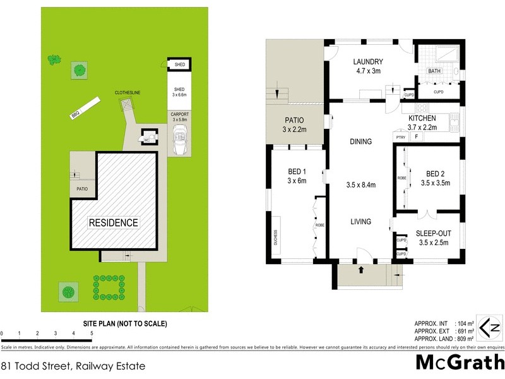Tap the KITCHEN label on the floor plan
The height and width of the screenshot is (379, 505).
click(422, 118)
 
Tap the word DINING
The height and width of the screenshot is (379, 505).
click(361, 141)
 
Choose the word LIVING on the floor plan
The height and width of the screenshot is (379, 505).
click(361, 222)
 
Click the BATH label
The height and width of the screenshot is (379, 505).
click(434, 71)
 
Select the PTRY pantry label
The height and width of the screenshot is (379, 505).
click(400, 136)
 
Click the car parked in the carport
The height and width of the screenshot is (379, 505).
click(180, 139)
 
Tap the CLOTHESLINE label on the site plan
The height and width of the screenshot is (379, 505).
click(128, 92)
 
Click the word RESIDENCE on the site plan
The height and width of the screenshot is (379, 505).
click(113, 222)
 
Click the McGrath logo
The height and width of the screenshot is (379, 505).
click(459, 363)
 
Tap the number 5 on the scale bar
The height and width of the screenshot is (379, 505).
click(92, 333)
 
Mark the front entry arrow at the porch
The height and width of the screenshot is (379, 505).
click(361, 270)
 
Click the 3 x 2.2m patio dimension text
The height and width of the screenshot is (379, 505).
click(294, 129)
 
